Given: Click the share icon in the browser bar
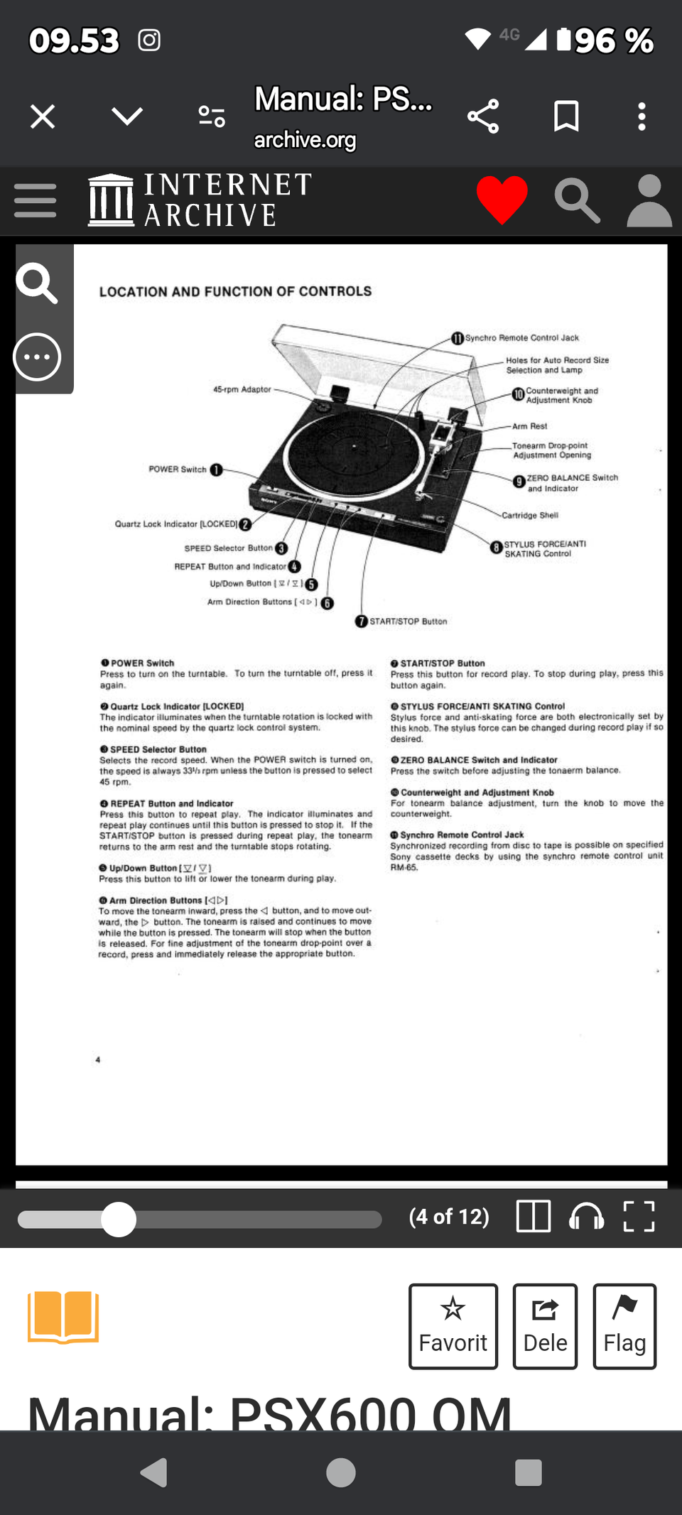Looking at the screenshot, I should click(483, 116).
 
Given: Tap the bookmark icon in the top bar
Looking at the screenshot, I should click(566, 116).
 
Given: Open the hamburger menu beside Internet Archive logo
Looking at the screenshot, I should click(35, 200).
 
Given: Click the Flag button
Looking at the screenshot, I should click(624, 1325).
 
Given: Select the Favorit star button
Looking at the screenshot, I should click(453, 1325).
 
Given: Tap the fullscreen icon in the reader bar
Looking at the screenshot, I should click(639, 1216).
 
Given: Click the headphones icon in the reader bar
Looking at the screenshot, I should click(586, 1216).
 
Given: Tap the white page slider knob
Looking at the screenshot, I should click(119, 1220).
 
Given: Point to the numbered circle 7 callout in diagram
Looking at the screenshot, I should click(362, 621).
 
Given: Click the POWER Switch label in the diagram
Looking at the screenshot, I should click(178, 469).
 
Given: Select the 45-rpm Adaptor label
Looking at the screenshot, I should click(242, 389).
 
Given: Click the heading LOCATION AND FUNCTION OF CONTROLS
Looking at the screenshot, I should click(235, 291).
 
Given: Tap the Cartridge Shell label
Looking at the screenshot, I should click(530, 515).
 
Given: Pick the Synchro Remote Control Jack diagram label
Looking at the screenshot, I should click(521, 338).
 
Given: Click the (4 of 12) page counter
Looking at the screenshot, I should click(449, 1217).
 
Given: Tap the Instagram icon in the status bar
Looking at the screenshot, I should click(149, 40).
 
